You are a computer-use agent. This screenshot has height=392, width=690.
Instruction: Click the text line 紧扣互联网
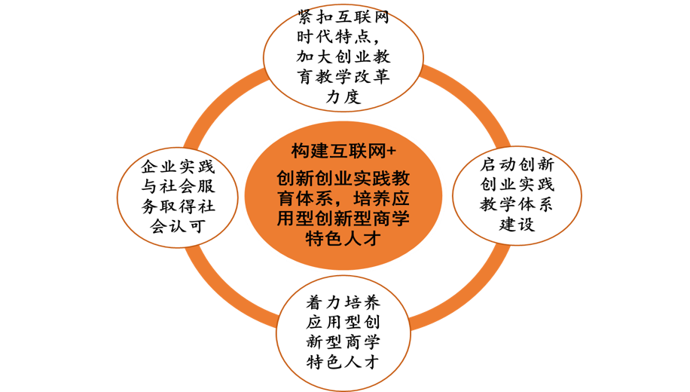343,17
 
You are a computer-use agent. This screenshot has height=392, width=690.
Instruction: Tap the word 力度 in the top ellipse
343,96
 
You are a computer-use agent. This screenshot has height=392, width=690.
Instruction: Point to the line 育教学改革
343,77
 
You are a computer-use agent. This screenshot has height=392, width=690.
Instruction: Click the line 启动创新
517,164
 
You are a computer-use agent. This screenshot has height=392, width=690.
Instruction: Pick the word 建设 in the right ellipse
517,224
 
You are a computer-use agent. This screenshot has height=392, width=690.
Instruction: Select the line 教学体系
517,204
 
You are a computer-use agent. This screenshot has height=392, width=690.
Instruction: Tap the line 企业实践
178,167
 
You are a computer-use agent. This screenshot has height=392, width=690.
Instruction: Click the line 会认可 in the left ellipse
178,226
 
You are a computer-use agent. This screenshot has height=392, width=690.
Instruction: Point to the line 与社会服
178,186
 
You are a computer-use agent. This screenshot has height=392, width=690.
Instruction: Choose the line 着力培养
343,302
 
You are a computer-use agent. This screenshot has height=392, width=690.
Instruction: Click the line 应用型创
343,323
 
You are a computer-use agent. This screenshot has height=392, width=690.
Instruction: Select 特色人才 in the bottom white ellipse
343,363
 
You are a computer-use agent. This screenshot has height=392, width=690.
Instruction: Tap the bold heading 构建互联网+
343,151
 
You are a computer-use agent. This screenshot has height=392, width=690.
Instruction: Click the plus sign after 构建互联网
391,152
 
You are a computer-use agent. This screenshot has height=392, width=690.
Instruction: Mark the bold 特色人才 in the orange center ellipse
343,239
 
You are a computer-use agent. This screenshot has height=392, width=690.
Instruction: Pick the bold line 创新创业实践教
343,179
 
